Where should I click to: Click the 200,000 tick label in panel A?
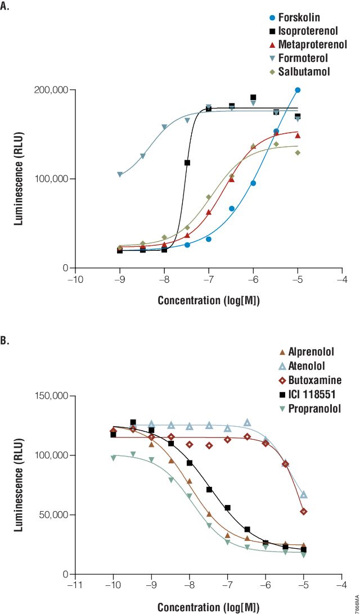point(51,90)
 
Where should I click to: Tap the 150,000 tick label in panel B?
point(51,396)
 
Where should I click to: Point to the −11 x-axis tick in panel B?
point(75,585)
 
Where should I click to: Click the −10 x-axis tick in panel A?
point(75,279)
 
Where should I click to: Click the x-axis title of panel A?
point(209,300)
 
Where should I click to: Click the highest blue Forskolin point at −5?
point(298,90)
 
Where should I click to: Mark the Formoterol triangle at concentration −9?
point(120,175)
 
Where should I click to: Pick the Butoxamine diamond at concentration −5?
point(304,512)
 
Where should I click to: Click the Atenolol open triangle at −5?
point(304,494)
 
